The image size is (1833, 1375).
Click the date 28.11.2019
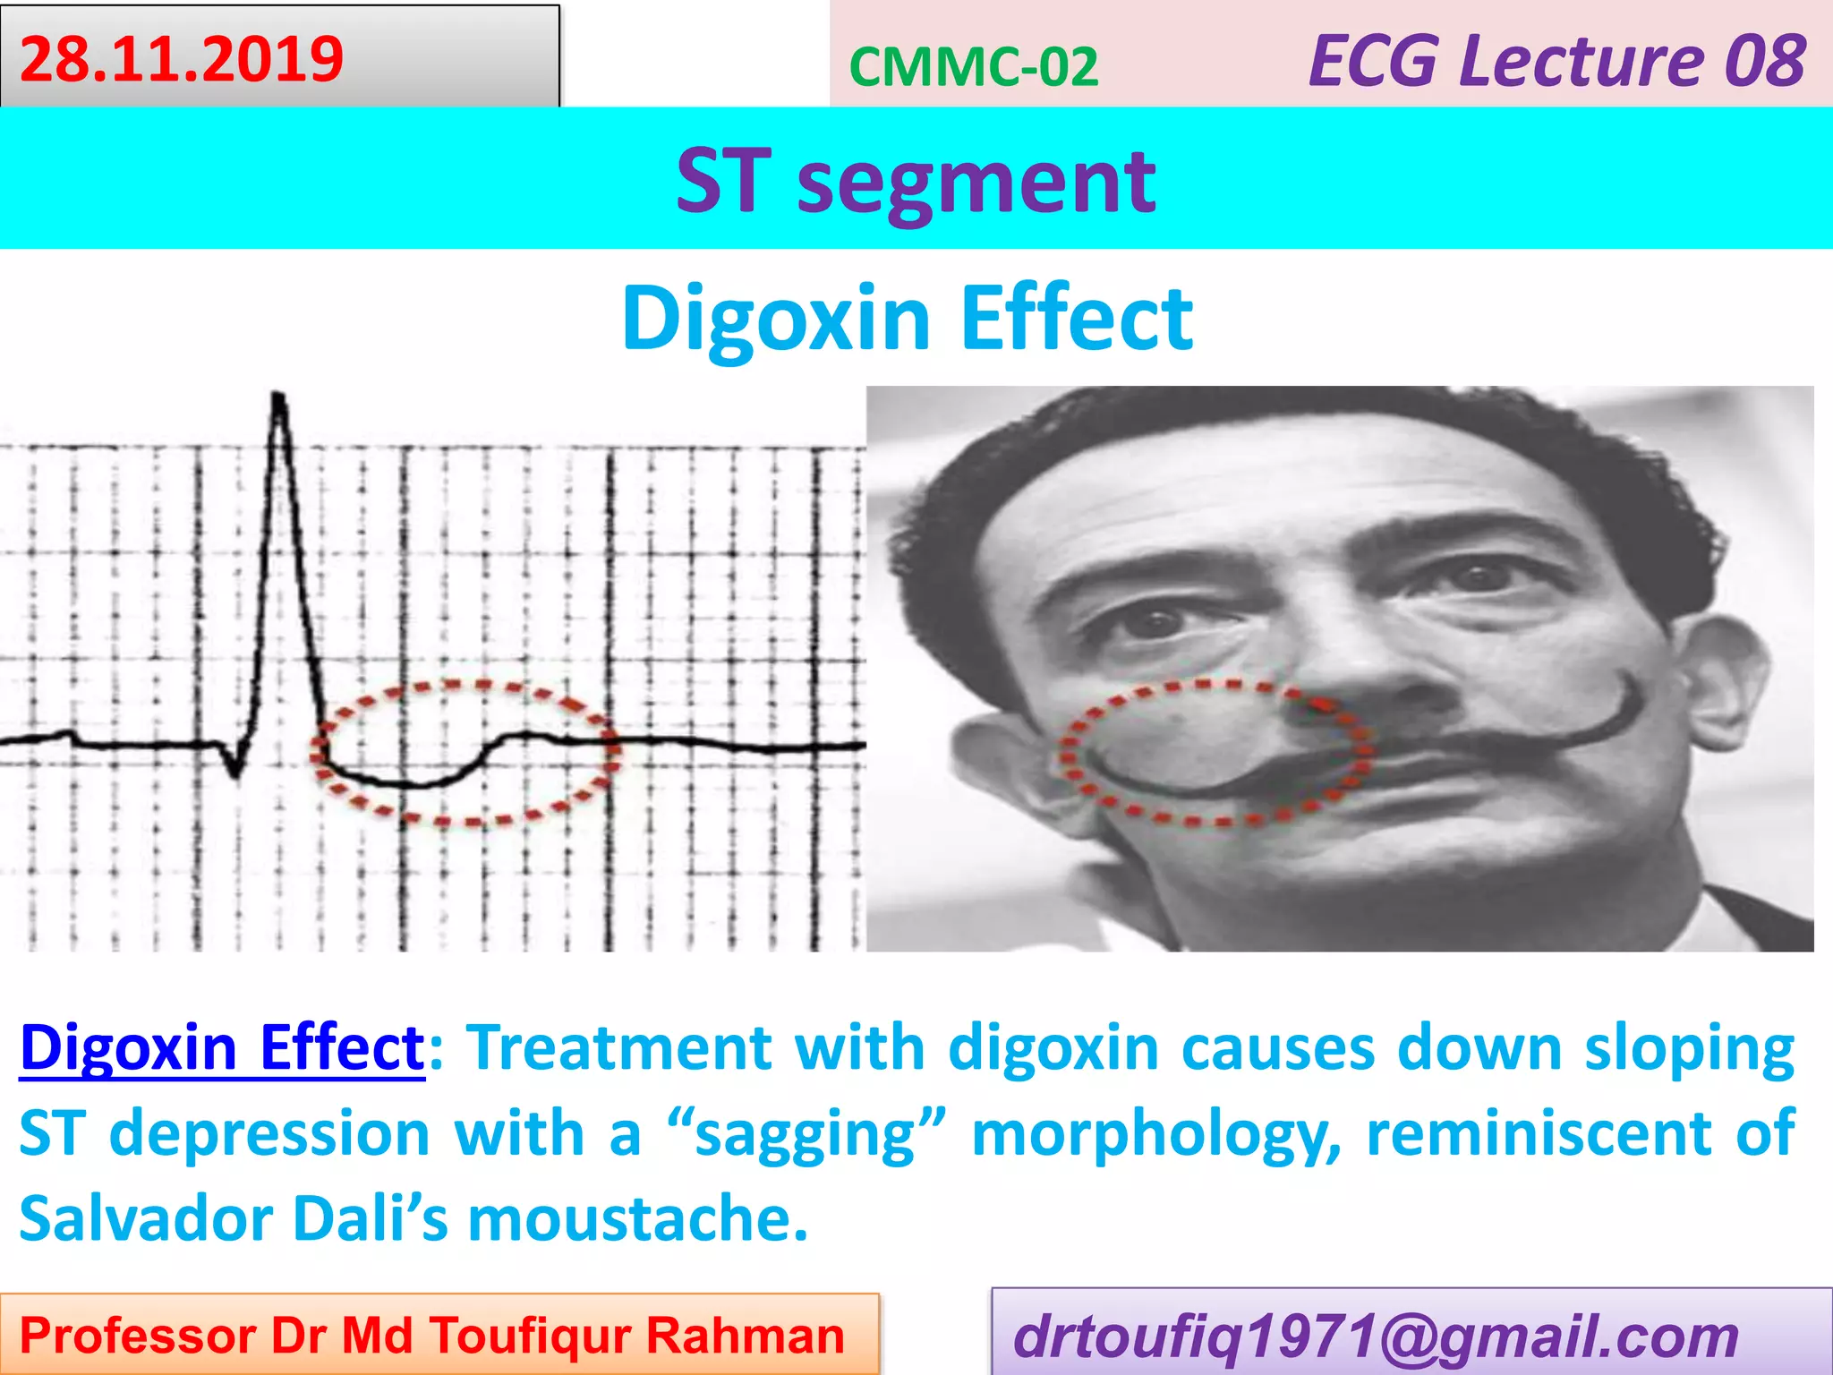[182, 59]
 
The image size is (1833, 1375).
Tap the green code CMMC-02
[973, 67]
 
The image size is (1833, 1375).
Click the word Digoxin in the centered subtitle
[776, 318]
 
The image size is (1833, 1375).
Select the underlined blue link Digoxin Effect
[222, 1046]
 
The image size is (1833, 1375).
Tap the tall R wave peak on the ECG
[278, 399]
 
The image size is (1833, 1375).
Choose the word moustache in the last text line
[637, 1219]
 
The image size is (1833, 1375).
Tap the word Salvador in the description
[146, 1219]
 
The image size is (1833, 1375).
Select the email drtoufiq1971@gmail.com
[1375, 1336]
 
